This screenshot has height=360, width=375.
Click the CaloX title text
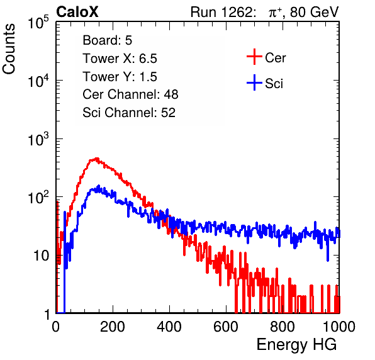(x=77, y=12)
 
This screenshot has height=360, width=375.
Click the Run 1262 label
(x=221, y=12)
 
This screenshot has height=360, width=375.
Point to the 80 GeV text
(x=315, y=12)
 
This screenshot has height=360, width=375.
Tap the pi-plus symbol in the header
(x=275, y=13)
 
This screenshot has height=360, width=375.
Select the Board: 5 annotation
(x=107, y=40)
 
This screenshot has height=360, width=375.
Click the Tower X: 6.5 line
(x=120, y=59)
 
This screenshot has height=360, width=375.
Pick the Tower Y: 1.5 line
(x=120, y=77)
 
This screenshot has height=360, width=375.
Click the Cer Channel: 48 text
(x=130, y=94)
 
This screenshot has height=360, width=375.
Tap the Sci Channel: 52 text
(x=129, y=113)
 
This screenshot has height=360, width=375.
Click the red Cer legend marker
(x=254, y=57)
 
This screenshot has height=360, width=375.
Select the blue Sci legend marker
(x=254, y=83)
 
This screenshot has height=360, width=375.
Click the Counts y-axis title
(x=9, y=49)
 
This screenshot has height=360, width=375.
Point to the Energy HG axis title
(x=296, y=345)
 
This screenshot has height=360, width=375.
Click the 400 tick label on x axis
(x=169, y=327)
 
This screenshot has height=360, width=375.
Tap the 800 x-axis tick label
(x=283, y=327)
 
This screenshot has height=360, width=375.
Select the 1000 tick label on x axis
(x=339, y=327)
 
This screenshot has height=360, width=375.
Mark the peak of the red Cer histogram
(x=97, y=158)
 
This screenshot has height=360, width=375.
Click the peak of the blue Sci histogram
(x=99, y=186)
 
